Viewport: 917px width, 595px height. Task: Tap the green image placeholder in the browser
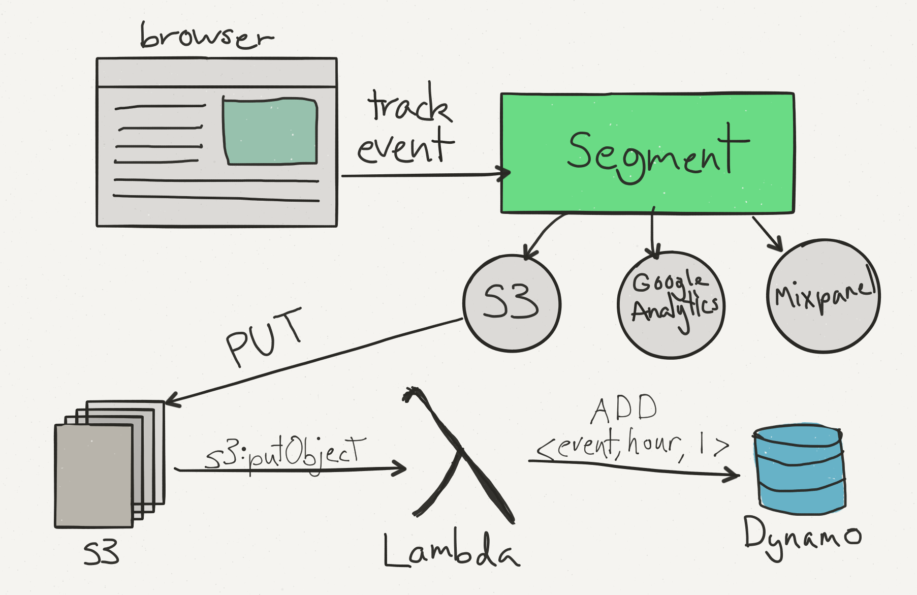click(270, 131)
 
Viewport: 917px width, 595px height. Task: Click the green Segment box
click(647, 152)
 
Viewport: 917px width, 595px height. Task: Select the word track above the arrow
click(409, 103)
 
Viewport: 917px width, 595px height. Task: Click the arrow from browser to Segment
click(426, 175)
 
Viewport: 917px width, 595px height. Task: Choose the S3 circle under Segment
click(512, 303)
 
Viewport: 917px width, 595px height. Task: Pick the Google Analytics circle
click(671, 305)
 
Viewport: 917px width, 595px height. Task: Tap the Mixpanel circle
click(824, 296)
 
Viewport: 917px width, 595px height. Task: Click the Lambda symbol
click(459, 455)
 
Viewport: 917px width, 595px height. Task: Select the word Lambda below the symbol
click(451, 550)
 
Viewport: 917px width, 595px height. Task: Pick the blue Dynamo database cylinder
click(800, 468)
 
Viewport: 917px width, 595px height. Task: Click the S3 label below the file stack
click(102, 553)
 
